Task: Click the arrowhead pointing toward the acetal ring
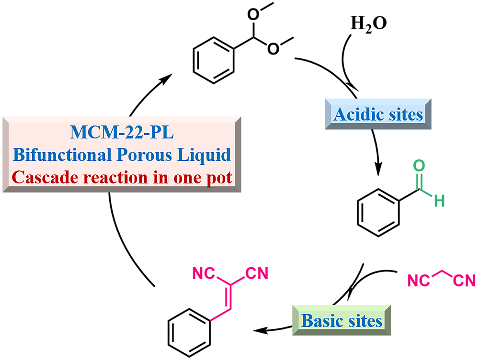(x=166, y=78)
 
